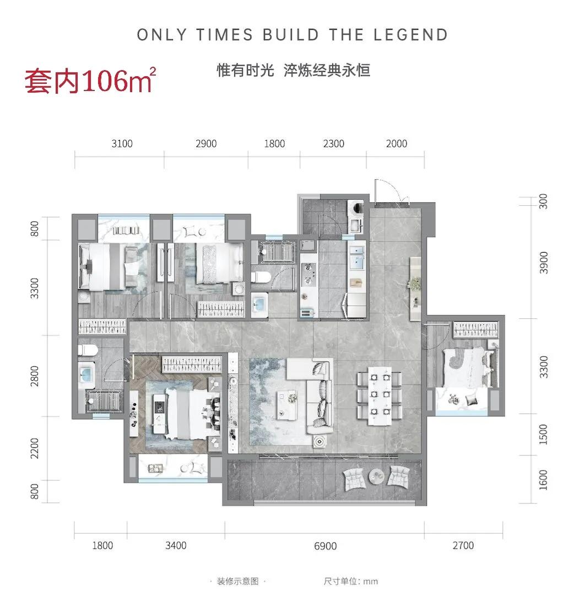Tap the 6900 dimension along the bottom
tap(325, 546)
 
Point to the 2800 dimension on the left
tap(36, 376)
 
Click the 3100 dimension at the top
tap(122, 144)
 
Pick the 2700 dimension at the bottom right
tap(463, 546)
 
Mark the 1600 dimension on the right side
tap(543, 479)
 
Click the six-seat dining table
tap(379, 396)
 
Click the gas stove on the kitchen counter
tap(307, 270)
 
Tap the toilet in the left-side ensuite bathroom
tap(86, 349)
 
